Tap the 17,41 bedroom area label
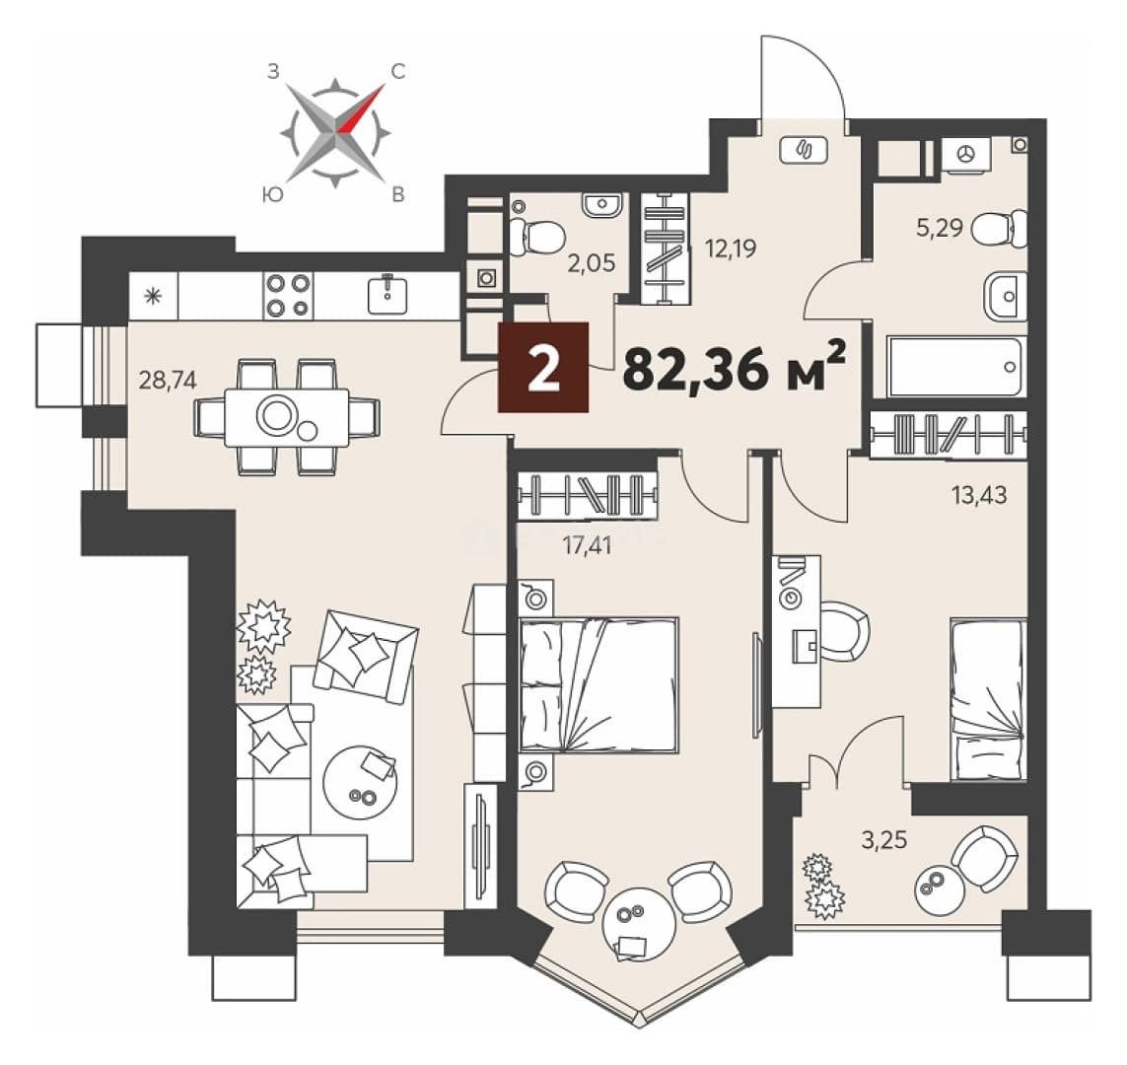588,545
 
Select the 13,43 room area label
979,494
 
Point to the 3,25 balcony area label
884,839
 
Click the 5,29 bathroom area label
940,228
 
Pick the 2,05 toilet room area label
592,263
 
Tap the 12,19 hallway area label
731,248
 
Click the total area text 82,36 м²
734,368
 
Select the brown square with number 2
543,367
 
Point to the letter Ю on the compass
272,194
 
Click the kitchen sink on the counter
387,295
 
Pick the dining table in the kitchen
287,417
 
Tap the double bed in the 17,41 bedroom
599,684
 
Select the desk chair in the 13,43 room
845,631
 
